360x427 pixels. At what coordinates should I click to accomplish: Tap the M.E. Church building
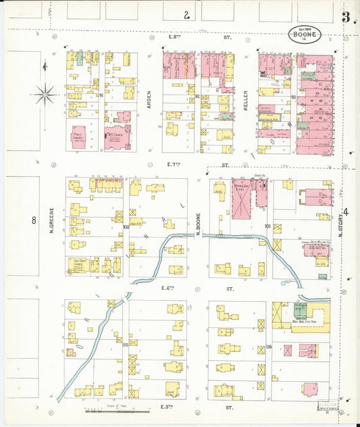tap(116, 137)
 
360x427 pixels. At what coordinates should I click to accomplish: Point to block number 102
tap(126, 227)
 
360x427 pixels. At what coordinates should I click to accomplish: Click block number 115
tap(126, 345)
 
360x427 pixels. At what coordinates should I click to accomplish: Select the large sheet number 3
tap(345, 18)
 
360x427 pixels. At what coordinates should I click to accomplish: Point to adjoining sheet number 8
tap(32, 220)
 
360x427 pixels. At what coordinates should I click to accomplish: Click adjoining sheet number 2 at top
tap(185, 14)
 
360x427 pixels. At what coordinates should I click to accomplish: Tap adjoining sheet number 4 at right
tap(346, 214)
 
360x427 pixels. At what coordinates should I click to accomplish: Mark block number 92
tap(197, 97)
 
